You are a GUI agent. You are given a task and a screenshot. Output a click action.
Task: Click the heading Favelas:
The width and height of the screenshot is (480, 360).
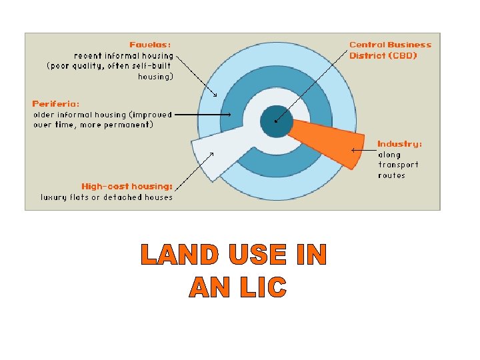coord(151,45)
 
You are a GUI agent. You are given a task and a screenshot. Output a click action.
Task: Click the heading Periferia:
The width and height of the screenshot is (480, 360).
coord(56,104)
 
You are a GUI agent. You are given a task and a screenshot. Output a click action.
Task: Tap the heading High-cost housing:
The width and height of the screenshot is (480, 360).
coord(127,187)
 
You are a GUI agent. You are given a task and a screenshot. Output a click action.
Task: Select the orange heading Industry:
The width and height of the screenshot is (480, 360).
coord(399,144)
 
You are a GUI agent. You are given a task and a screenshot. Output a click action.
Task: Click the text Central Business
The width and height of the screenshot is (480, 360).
coord(390,45)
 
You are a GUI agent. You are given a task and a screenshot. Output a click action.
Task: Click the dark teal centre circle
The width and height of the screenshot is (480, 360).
coord(275,120)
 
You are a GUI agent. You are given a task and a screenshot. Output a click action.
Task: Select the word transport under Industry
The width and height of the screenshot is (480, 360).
coord(398,165)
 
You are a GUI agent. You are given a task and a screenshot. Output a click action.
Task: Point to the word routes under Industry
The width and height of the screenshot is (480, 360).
coord(391,176)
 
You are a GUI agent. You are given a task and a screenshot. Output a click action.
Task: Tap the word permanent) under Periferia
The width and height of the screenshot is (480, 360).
coord(131,125)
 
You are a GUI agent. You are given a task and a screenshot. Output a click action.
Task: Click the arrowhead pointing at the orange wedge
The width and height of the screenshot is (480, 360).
coord(354,149)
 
